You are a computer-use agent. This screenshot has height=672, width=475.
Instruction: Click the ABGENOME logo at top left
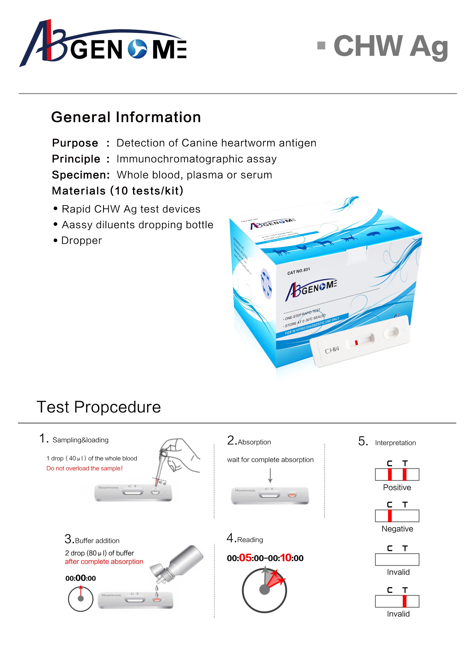(102, 44)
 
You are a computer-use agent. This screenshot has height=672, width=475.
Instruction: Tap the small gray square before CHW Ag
(321, 45)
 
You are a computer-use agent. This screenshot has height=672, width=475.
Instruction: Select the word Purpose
(75, 143)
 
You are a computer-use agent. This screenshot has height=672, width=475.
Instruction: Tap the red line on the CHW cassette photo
(356, 343)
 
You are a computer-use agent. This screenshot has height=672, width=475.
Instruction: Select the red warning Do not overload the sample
(84, 468)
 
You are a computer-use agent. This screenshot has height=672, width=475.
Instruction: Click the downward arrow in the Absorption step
(270, 476)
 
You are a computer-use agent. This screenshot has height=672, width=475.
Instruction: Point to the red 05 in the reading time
(245, 558)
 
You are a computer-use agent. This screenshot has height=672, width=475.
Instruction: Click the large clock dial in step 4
(264, 590)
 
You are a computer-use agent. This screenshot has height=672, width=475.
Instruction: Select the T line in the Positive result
(405, 474)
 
